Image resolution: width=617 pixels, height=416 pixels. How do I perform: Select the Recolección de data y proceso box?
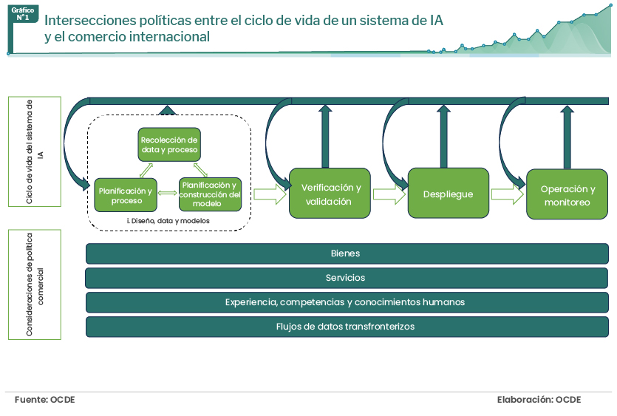[x=170, y=144]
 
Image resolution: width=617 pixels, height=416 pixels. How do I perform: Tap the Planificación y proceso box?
[x=126, y=195]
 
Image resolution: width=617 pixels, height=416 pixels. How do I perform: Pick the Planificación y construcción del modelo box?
[x=210, y=195]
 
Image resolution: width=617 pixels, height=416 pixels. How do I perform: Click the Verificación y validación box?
[x=330, y=194]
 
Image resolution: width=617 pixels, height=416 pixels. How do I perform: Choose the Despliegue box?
[x=449, y=194]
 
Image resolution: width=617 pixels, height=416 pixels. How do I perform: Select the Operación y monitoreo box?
[x=567, y=194]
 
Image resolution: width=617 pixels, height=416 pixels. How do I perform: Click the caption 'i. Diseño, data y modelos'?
[x=168, y=220]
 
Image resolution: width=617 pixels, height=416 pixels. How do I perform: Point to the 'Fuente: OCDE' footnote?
[x=44, y=400]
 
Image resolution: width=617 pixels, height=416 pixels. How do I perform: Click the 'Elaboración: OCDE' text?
[x=539, y=400]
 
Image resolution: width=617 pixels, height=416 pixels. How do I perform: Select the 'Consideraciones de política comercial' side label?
[x=35, y=284]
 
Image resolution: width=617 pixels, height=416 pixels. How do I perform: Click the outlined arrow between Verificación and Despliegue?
[x=389, y=194]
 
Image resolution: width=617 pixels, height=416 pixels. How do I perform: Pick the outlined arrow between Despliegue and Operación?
[x=508, y=194]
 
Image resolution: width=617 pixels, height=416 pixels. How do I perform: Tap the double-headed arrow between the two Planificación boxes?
[x=168, y=194]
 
